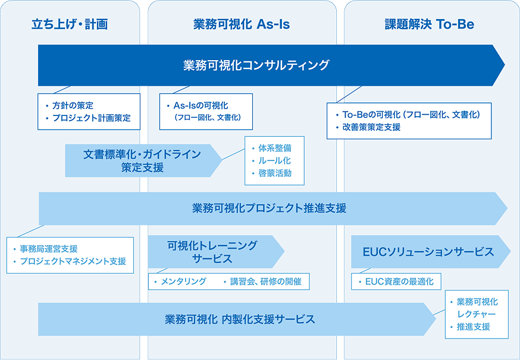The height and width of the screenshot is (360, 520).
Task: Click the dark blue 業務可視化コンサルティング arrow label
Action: (256, 65)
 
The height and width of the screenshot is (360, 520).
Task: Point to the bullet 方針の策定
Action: (73, 105)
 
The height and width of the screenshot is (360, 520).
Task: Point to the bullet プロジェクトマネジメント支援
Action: (73, 261)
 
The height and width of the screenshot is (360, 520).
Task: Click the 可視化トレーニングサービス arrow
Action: (212, 252)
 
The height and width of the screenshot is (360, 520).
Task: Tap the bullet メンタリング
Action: (184, 281)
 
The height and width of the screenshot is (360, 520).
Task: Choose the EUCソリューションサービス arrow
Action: (428, 252)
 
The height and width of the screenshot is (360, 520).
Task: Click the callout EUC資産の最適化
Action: (399, 281)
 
